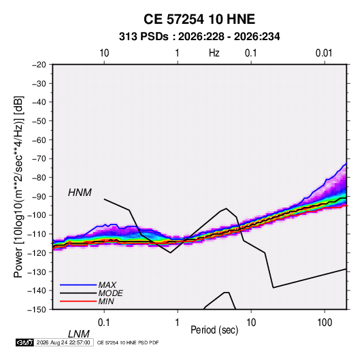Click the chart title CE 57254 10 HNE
pos(199,19)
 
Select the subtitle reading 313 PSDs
pos(144,37)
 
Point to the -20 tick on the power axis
pos(39,65)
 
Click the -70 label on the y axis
pos(39,159)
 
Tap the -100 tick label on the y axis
pos(37,215)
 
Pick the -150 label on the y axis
pos(37,310)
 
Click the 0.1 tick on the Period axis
pos(104,323)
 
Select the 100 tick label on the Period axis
pos(325,323)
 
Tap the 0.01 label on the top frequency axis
pos(324,53)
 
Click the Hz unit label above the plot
pos(214,53)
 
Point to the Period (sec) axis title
pos(214,330)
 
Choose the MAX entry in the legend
pos(107,284)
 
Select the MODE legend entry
pos(110,293)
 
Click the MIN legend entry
pos(106,301)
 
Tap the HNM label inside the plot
pos(80,193)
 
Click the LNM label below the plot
pos(79,334)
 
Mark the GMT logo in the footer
pos(24,342)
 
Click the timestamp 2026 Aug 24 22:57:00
pos(63,342)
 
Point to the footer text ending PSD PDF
pos(128,342)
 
